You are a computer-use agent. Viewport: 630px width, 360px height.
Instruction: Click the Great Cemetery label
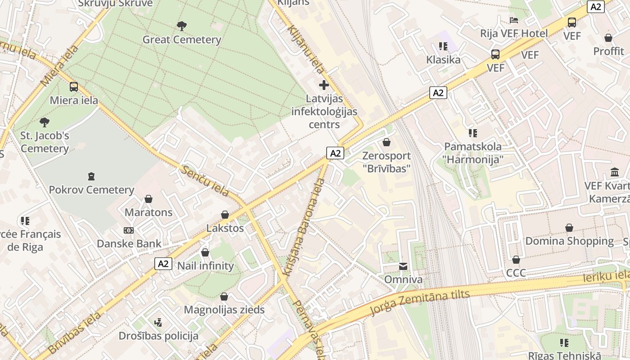pyautogui.click(x=182, y=40)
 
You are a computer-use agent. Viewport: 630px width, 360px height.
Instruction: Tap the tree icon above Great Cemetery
pyautogui.click(x=182, y=26)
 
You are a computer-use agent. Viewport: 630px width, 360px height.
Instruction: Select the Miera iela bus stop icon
pyautogui.click(x=74, y=87)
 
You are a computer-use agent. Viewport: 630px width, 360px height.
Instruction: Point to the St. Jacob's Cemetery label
pyautogui.click(x=45, y=142)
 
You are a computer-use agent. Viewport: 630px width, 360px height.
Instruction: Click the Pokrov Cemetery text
pyautogui.click(x=91, y=190)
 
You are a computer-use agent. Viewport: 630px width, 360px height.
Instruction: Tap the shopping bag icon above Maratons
pyautogui.click(x=148, y=199)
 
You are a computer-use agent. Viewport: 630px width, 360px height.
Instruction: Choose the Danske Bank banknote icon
pyautogui.click(x=129, y=230)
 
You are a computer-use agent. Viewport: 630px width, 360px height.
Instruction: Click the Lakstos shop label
pyautogui.click(x=225, y=228)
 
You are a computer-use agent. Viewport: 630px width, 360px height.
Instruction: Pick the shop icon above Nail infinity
pyautogui.click(x=205, y=252)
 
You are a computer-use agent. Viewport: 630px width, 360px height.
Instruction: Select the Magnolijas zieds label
pyautogui.click(x=224, y=310)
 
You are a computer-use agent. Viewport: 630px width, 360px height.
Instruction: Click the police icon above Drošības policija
pyautogui.click(x=158, y=322)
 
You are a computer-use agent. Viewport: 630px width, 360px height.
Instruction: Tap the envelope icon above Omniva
pyautogui.click(x=403, y=266)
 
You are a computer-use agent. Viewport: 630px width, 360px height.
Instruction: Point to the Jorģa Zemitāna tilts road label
pyautogui.click(x=419, y=302)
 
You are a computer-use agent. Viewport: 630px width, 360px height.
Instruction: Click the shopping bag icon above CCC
pyautogui.click(x=516, y=260)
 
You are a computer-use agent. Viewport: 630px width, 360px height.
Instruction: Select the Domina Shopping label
pyautogui.click(x=569, y=241)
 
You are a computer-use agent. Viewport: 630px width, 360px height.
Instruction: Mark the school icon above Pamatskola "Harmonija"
pyautogui.click(x=472, y=133)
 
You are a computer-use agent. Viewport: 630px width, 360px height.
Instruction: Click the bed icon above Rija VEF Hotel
pyautogui.click(x=514, y=20)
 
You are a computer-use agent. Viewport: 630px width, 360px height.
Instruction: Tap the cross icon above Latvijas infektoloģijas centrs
pyautogui.click(x=324, y=85)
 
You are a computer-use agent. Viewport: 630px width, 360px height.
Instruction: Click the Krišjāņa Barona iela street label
pyautogui.click(x=304, y=227)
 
